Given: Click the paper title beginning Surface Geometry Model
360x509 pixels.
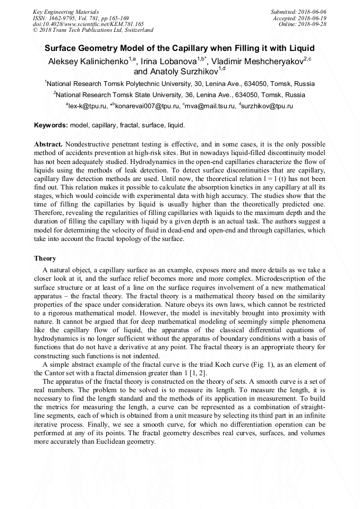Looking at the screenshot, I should click(179, 47).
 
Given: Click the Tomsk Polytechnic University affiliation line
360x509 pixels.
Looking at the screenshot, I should click(180, 84).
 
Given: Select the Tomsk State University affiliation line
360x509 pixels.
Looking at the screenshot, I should click(180, 95).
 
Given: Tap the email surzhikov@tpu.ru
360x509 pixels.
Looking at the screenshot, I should click(268, 106).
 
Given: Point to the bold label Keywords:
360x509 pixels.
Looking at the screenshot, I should click(51, 126).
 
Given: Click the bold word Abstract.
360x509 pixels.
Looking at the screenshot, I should click(48, 144).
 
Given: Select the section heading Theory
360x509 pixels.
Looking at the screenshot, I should click(45, 258).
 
